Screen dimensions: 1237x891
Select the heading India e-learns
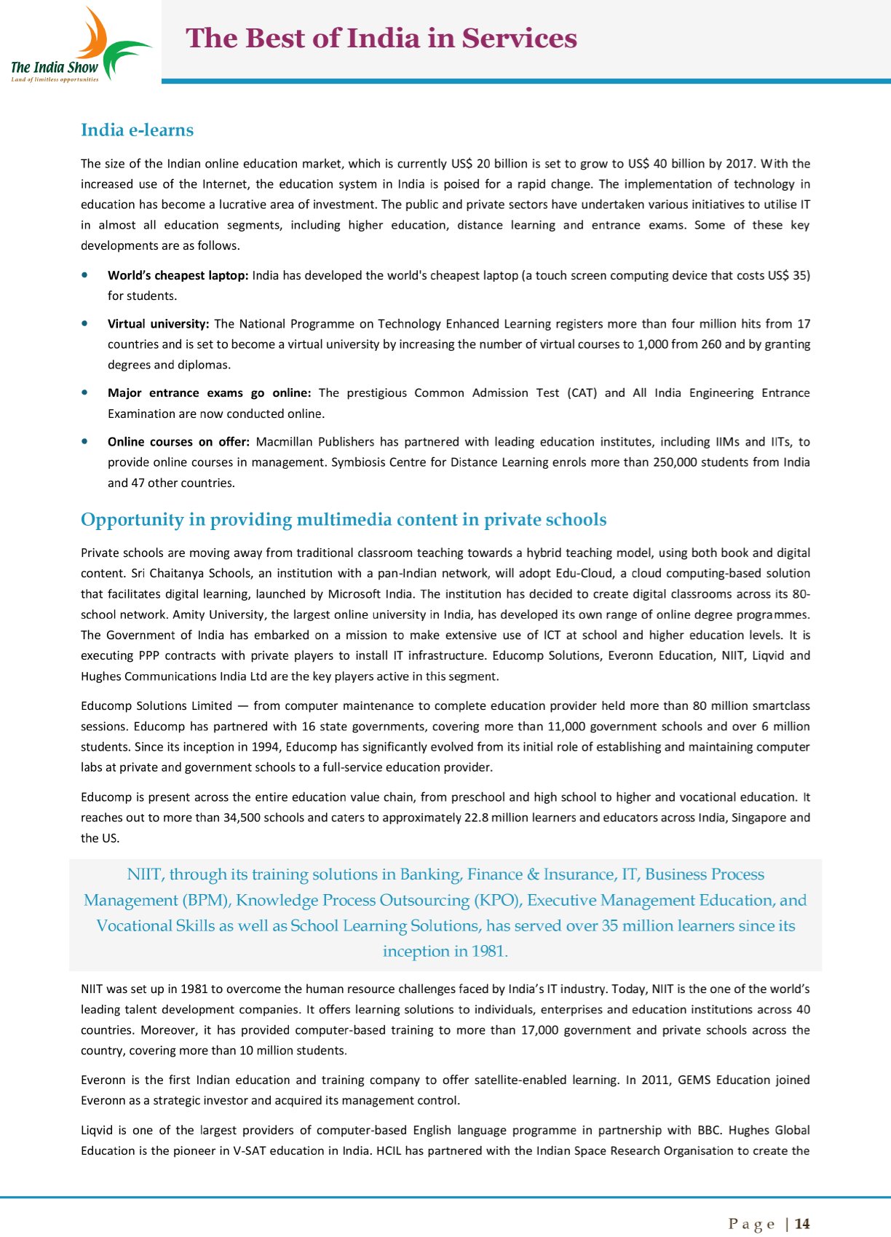coord(137,130)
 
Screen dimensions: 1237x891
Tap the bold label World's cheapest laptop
coord(178,275)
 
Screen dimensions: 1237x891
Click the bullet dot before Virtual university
coord(87,324)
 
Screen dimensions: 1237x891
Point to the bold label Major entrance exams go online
coord(209,393)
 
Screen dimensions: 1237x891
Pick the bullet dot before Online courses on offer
coord(87,442)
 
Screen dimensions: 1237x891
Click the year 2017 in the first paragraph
coord(740,164)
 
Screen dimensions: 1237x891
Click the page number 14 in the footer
coord(802,1224)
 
